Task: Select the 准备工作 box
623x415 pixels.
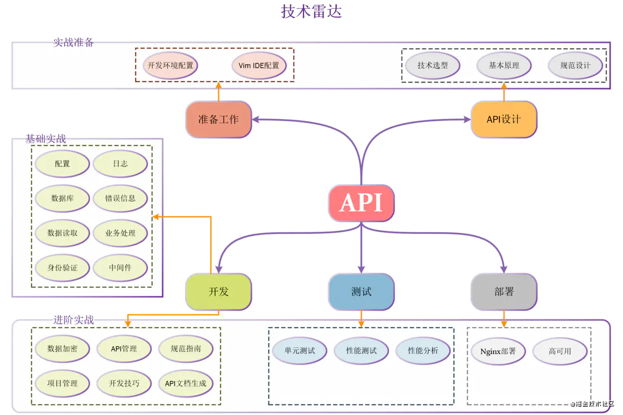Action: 219,119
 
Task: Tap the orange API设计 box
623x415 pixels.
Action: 504,119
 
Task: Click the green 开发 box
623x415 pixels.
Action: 219,292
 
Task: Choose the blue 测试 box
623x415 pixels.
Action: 361,292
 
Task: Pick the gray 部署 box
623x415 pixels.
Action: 504,292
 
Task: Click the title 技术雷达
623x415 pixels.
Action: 311,11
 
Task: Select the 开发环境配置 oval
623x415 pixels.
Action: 170,65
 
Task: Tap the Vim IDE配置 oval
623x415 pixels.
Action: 259,65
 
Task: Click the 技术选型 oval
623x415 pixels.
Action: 432,65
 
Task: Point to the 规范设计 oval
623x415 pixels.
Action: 575,65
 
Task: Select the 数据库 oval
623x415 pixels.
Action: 62,198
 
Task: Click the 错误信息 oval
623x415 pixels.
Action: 120,198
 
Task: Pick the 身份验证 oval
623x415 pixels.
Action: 62,268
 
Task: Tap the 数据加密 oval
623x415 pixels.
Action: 62,349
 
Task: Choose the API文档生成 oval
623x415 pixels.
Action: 185,383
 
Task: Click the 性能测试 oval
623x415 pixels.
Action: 361,351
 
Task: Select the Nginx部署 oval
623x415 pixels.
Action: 498,351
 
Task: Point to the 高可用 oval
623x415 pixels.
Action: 560,351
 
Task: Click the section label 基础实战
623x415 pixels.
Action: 45,139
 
